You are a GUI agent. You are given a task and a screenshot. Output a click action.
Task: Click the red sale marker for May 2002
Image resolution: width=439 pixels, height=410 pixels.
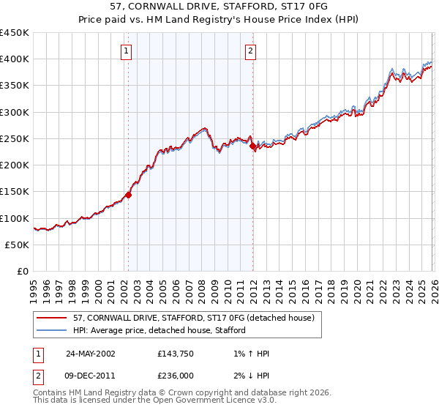128,195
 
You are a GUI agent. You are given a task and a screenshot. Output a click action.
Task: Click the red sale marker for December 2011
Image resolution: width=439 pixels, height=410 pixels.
252,146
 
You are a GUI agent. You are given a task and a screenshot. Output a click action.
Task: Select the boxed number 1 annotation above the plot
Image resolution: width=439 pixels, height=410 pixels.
127,51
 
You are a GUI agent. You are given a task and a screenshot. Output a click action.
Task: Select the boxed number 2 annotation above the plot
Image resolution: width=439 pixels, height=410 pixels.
251,51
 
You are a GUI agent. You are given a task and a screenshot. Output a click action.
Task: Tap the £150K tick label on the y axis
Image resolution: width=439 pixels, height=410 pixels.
15,192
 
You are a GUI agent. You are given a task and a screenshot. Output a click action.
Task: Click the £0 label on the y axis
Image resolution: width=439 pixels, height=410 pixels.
23,272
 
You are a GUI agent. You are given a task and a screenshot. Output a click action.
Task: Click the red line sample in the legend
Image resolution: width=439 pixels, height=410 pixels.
52,318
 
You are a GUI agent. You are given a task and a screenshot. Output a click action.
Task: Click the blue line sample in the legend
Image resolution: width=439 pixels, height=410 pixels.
52,330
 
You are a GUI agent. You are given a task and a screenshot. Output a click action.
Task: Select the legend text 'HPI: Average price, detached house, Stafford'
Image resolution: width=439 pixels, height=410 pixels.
159,330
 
